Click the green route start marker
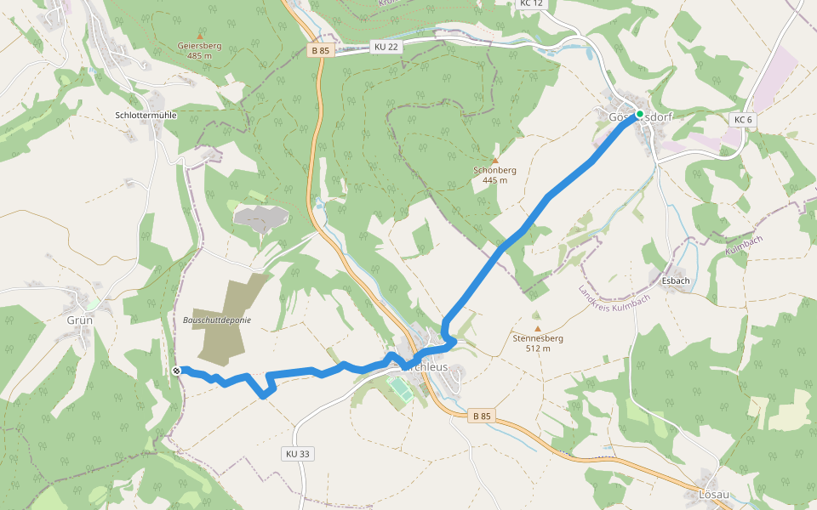click(639, 113)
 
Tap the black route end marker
click(176, 371)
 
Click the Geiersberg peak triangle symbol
click(200, 36)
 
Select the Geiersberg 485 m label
click(200, 50)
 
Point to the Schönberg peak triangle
click(494, 160)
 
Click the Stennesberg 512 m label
click(538, 343)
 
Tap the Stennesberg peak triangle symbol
click(537, 328)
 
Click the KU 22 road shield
click(386, 47)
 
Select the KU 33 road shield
click(296, 454)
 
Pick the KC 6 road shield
click(742, 120)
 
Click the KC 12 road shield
click(529, 3)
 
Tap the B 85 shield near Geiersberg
click(320, 51)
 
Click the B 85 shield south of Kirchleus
click(481, 416)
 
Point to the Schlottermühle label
click(146, 114)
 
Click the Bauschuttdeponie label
click(217, 320)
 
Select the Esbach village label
click(675, 280)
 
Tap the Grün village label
click(79, 320)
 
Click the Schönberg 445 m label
click(494, 174)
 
